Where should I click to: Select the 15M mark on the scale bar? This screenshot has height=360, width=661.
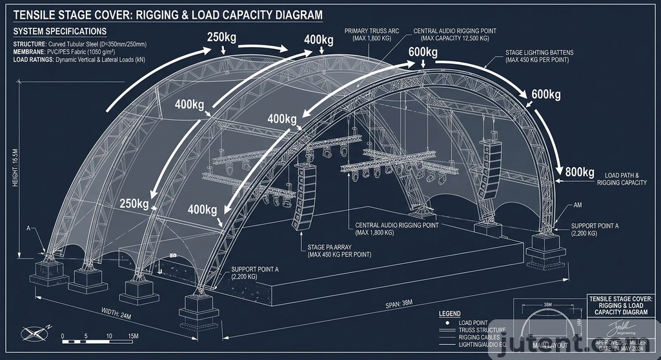132,336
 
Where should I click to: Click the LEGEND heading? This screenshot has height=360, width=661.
450,314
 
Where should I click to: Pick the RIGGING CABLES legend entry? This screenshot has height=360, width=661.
478,338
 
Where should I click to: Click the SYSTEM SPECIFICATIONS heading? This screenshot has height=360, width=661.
60,31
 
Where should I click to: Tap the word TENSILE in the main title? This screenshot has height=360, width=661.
37,15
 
